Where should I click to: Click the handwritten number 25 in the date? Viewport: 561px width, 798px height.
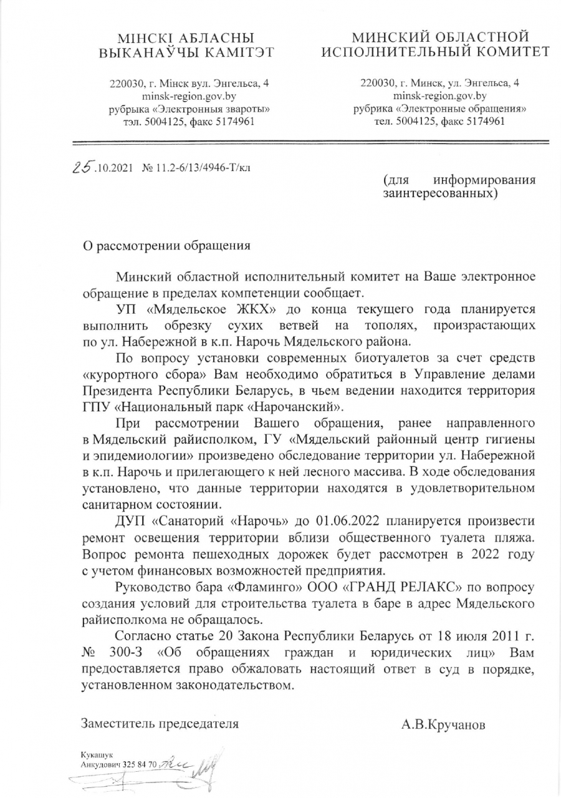point(83,167)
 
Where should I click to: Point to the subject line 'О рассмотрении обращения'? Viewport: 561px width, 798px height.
point(167,245)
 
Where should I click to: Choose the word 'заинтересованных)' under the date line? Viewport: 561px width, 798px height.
point(440,195)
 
